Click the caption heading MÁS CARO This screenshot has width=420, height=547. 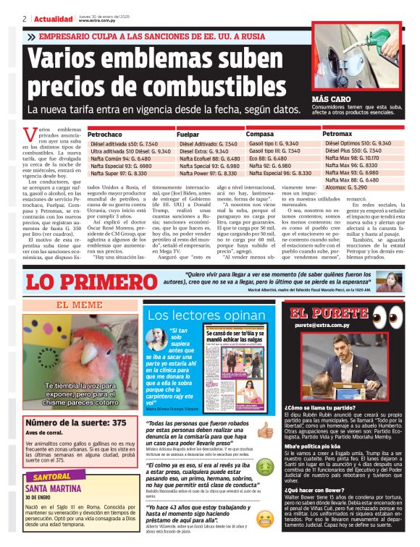333,98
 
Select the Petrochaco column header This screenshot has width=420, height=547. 105,135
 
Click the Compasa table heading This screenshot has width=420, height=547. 260,135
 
